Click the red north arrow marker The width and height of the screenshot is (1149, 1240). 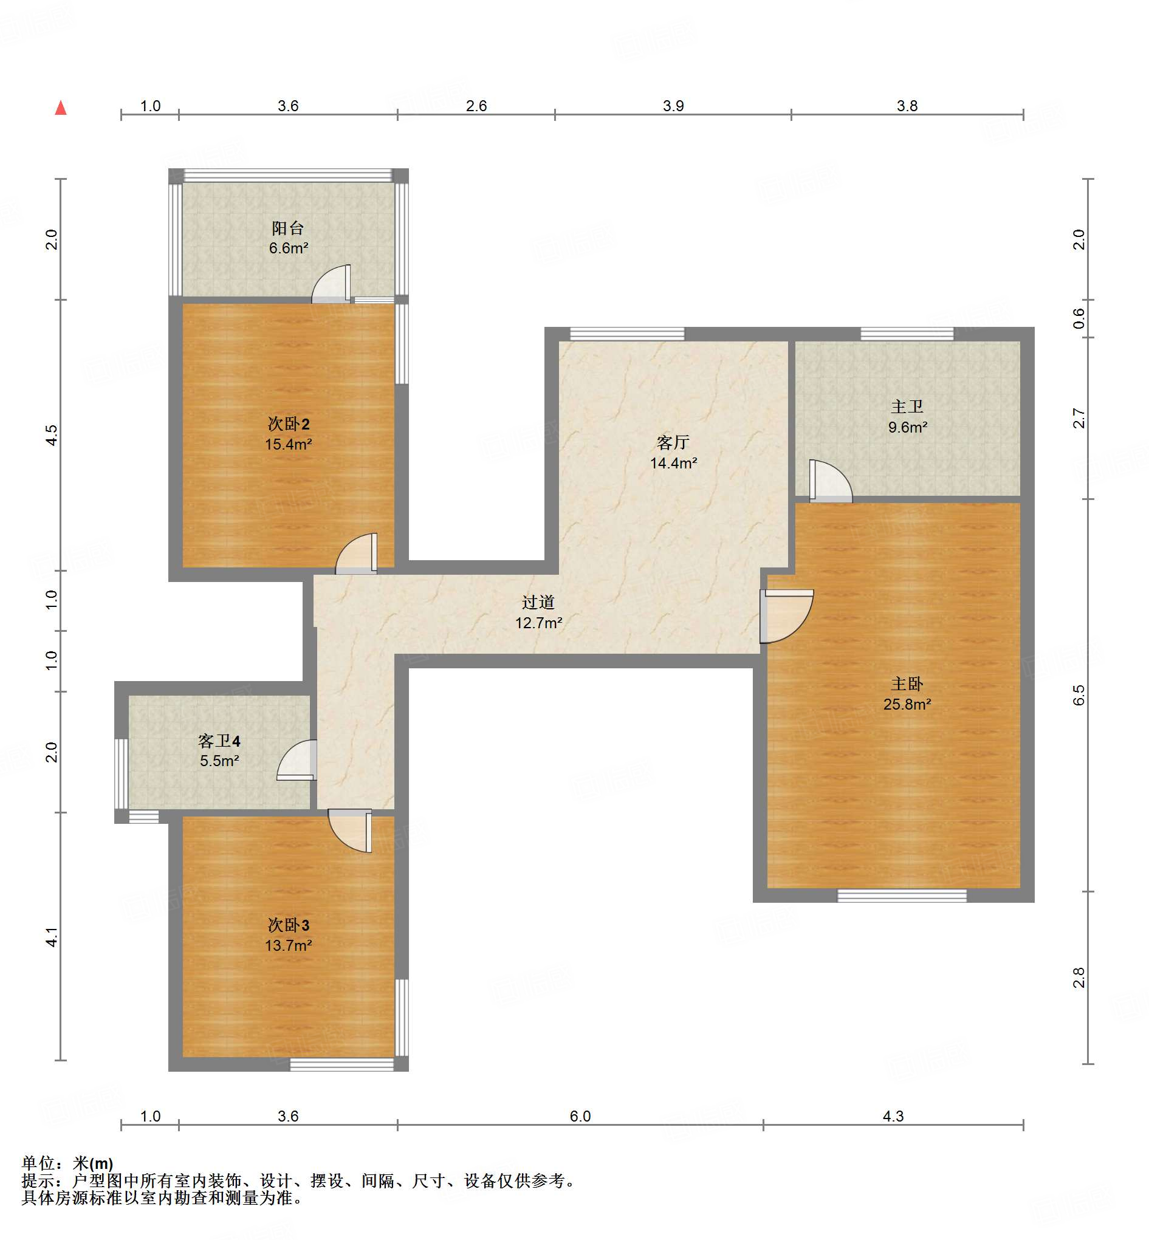coord(60,108)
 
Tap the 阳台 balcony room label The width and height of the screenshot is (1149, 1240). coord(288,228)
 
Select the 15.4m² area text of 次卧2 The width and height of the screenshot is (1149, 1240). coord(289,444)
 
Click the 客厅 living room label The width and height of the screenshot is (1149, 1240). coord(673,442)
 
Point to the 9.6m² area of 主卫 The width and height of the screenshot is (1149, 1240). coord(908,427)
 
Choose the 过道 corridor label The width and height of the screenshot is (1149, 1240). coord(538,602)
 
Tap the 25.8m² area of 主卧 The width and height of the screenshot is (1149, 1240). coord(907,704)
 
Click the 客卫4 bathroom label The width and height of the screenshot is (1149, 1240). coord(219,741)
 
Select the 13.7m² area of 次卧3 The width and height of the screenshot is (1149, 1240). coord(289,945)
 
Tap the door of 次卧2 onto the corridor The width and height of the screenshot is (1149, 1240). coord(356,553)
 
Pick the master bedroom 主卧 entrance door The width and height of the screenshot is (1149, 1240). coord(786,616)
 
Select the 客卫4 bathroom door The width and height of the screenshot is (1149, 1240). coord(297,759)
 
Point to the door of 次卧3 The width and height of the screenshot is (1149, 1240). coord(350,831)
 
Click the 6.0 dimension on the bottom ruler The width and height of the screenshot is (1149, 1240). coord(580,1116)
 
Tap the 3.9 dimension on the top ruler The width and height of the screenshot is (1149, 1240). coord(673,106)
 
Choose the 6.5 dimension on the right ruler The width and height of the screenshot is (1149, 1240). coord(1079,695)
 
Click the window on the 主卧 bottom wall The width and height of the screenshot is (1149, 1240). coord(902,896)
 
